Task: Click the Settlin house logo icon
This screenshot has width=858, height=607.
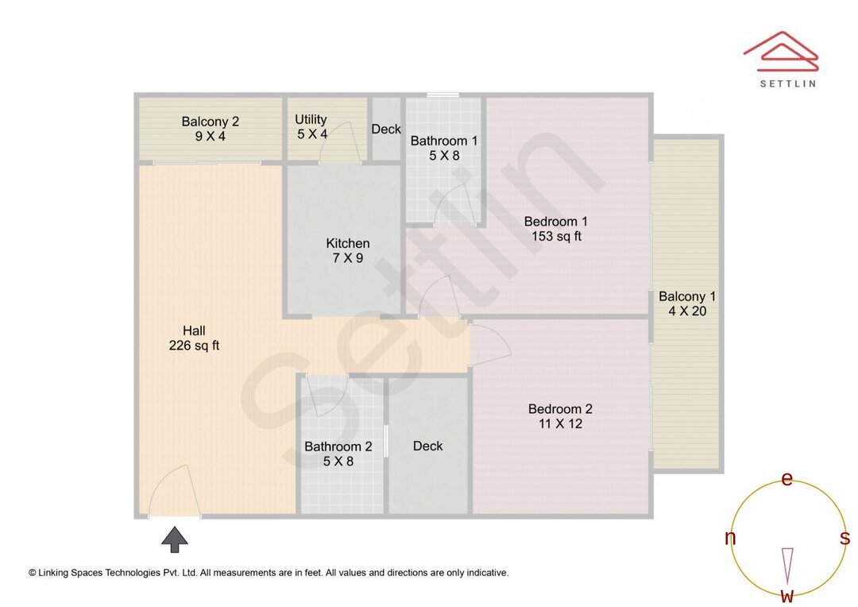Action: (780, 50)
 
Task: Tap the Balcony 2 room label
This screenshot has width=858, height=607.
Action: (210, 129)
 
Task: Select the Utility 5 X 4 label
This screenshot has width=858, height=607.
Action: (311, 127)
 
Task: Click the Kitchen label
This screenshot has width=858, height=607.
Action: (347, 250)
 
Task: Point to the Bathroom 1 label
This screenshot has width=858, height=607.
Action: (444, 149)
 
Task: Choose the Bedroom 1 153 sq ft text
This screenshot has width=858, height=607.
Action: (556, 229)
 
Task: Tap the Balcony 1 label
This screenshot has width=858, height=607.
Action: (687, 303)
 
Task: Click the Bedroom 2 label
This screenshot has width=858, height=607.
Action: (560, 416)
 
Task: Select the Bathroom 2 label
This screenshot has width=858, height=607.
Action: (338, 454)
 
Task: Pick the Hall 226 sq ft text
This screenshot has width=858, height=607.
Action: (194, 338)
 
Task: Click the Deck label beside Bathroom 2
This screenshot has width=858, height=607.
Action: (427, 446)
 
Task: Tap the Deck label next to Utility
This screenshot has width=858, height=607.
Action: (386, 130)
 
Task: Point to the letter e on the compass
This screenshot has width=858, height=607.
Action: (786, 479)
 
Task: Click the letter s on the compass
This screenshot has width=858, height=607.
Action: (844, 538)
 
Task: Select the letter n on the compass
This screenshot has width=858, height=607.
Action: (730, 538)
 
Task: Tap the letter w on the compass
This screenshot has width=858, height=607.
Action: (786, 595)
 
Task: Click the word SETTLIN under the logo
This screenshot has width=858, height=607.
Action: (787, 83)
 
